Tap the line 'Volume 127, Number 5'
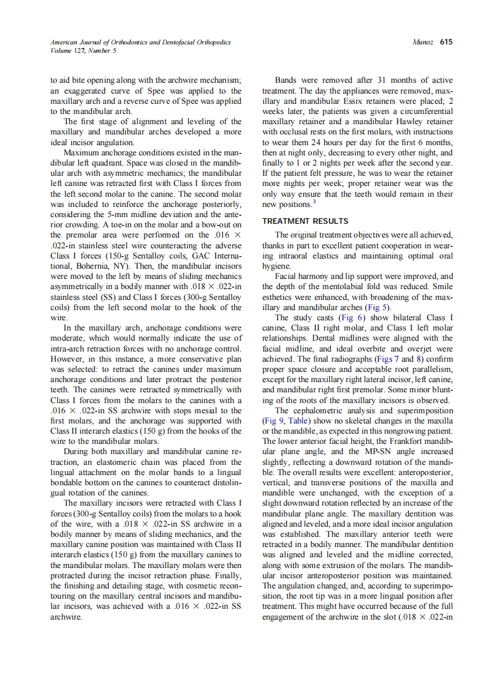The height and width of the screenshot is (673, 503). [x=83, y=50]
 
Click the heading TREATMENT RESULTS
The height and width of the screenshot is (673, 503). [x=305, y=221]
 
